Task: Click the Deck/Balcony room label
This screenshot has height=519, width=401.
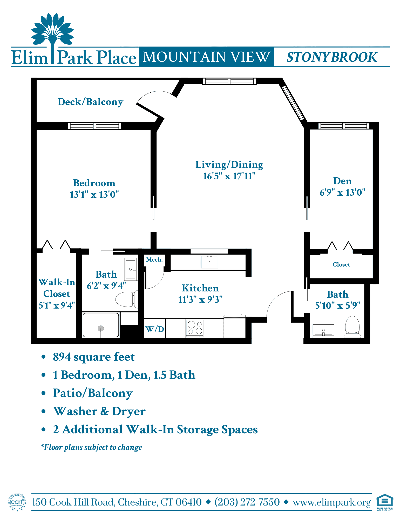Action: pos(90,102)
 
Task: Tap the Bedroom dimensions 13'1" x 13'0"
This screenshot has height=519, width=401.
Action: pos(94,194)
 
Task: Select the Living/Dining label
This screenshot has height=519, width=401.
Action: pos(229,165)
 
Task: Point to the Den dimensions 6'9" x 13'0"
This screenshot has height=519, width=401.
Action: pos(343,192)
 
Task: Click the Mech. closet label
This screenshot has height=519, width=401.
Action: pos(154,259)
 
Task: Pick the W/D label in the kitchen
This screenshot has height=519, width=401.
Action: pos(155,329)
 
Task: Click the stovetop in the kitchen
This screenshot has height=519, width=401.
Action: pos(195,328)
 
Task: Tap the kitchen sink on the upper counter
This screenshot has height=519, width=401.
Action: pos(209,262)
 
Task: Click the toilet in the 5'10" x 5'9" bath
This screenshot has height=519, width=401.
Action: pos(352,326)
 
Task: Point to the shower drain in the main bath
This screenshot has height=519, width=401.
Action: pos(101,329)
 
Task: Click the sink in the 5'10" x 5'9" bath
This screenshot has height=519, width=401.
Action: pos(323,331)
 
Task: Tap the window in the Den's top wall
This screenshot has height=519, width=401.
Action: pos(344,126)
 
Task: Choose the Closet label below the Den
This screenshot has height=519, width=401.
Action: pos(341,264)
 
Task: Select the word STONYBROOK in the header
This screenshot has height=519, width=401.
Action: pos(332,57)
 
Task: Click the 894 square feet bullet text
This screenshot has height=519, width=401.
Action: pos(94,357)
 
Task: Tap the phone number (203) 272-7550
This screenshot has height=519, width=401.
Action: pos(247,502)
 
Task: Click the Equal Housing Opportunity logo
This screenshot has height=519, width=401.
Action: pos(385,502)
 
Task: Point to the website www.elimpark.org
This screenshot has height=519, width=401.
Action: pos(332,502)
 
